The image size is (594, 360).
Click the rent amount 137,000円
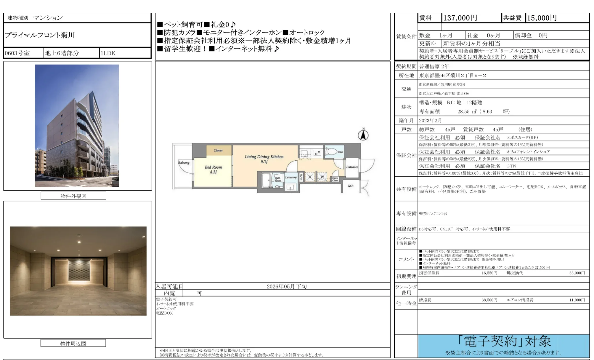(460, 18)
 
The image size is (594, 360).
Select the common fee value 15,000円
(542, 18)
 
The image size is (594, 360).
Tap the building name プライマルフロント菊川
(40, 35)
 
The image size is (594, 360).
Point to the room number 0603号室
(17, 53)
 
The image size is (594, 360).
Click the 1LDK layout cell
(108, 53)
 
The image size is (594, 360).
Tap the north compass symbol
(363, 135)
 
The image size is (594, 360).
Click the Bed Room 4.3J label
(213, 170)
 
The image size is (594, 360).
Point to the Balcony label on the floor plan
(183, 163)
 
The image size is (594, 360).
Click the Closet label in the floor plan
(218, 150)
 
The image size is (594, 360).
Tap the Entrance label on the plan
(352, 167)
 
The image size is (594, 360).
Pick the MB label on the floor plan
(350, 186)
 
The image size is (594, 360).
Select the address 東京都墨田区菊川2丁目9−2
(452, 75)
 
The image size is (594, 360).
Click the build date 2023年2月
(430, 120)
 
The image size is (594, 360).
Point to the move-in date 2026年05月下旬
(287, 286)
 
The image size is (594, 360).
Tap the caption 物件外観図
(73, 196)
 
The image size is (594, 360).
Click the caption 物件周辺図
(73, 343)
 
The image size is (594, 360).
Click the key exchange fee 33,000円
(577, 273)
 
